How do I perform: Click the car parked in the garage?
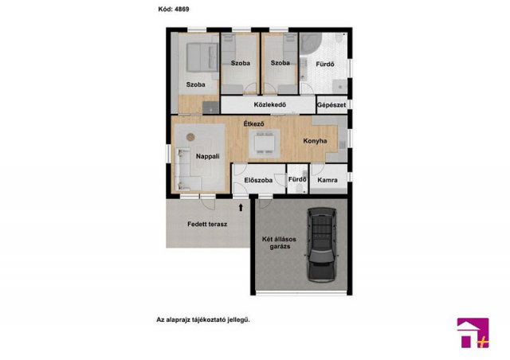(x=322, y=245)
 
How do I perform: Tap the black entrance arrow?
(x=241, y=207)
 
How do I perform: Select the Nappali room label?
(x=207, y=156)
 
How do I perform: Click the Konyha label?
(x=315, y=141)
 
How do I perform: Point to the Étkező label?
(x=253, y=124)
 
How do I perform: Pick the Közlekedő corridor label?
(x=270, y=104)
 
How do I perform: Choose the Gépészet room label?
(x=331, y=105)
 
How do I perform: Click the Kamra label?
(x=328, y=180)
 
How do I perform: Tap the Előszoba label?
(x=258, y=180)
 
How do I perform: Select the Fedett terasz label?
(x=207, y=224)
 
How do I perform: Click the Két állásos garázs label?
(x=280, y=243)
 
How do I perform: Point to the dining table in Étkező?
(x=264, y=143)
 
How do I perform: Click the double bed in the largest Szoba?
(x=202, y=57)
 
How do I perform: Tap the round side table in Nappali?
(x=190, y=137)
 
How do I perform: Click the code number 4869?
(x=182, y=9)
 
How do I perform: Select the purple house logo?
(x=473, y=333)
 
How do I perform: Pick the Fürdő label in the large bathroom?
(x=325, y=64)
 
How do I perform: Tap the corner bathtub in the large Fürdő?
(x=310, y=44)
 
